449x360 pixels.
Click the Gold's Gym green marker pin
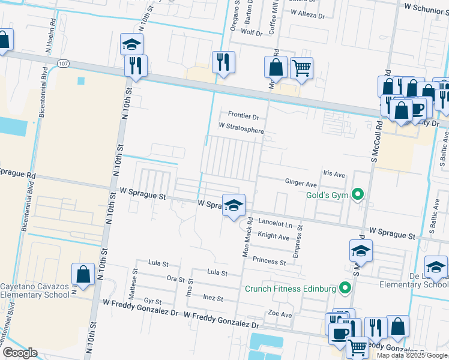[358, 194]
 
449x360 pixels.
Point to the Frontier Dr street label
[243, 116]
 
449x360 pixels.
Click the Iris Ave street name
[334, 175]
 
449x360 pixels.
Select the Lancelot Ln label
[274, 223]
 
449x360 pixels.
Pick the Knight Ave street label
[273, 236]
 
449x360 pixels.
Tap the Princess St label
[269, 261]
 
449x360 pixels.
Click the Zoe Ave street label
[280, 314]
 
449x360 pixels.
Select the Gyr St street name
[152, 301]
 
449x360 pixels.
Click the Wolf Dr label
[252, 32]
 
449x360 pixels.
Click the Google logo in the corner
[19, 353]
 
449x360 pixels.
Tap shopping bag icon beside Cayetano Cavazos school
[83, 275]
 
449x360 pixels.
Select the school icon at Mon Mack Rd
[234, 205]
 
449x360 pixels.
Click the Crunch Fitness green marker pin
[345, 289]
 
